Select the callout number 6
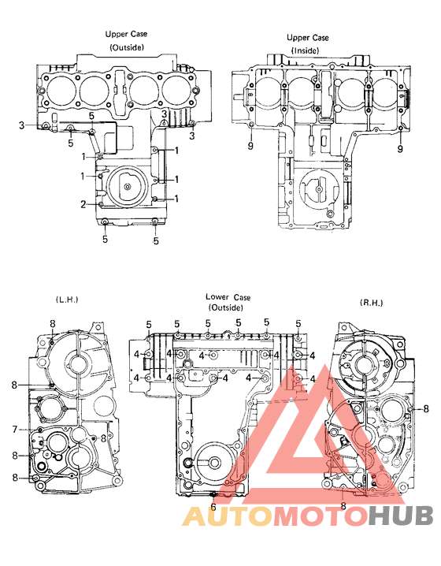tap(213, 507)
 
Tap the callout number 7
tap(14, 429)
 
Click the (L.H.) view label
tap(68, 300)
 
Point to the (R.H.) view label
tap(370, 303)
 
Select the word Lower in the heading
tap(217, 297)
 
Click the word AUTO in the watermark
tap(220, 516)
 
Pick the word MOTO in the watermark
tap(311, 516)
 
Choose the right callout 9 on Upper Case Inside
tap(401, 148)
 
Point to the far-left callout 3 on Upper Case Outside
tap(22, 125)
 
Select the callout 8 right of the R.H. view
tap(426, 408)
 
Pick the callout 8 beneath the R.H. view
tap(343, 506)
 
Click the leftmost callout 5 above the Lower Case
tap(149, 324)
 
